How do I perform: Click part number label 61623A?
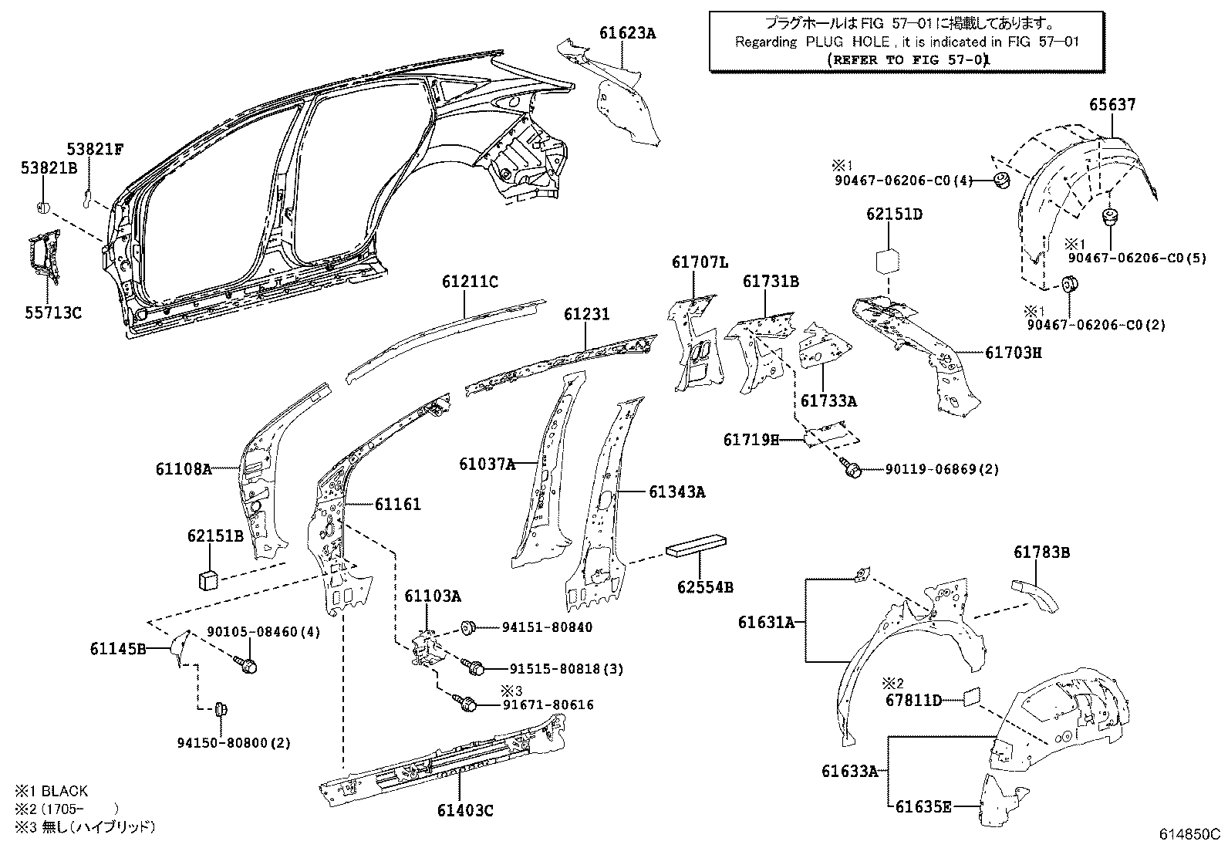coord(627,32)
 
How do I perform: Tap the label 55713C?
coord(51,313)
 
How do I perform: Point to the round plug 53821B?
coord(44,207)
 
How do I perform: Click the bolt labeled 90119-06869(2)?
coord(852,468)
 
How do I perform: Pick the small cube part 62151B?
coord(206,577)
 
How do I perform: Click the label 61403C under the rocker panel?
coord(465,809)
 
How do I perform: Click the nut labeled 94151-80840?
coord(467,627)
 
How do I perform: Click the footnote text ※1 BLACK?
coord(51,791)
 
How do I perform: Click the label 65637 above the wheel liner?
coord(1112,104)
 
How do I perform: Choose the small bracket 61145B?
coord(180,646)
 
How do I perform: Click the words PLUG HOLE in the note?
coord(847,42)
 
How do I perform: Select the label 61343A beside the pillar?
coord(676,492)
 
